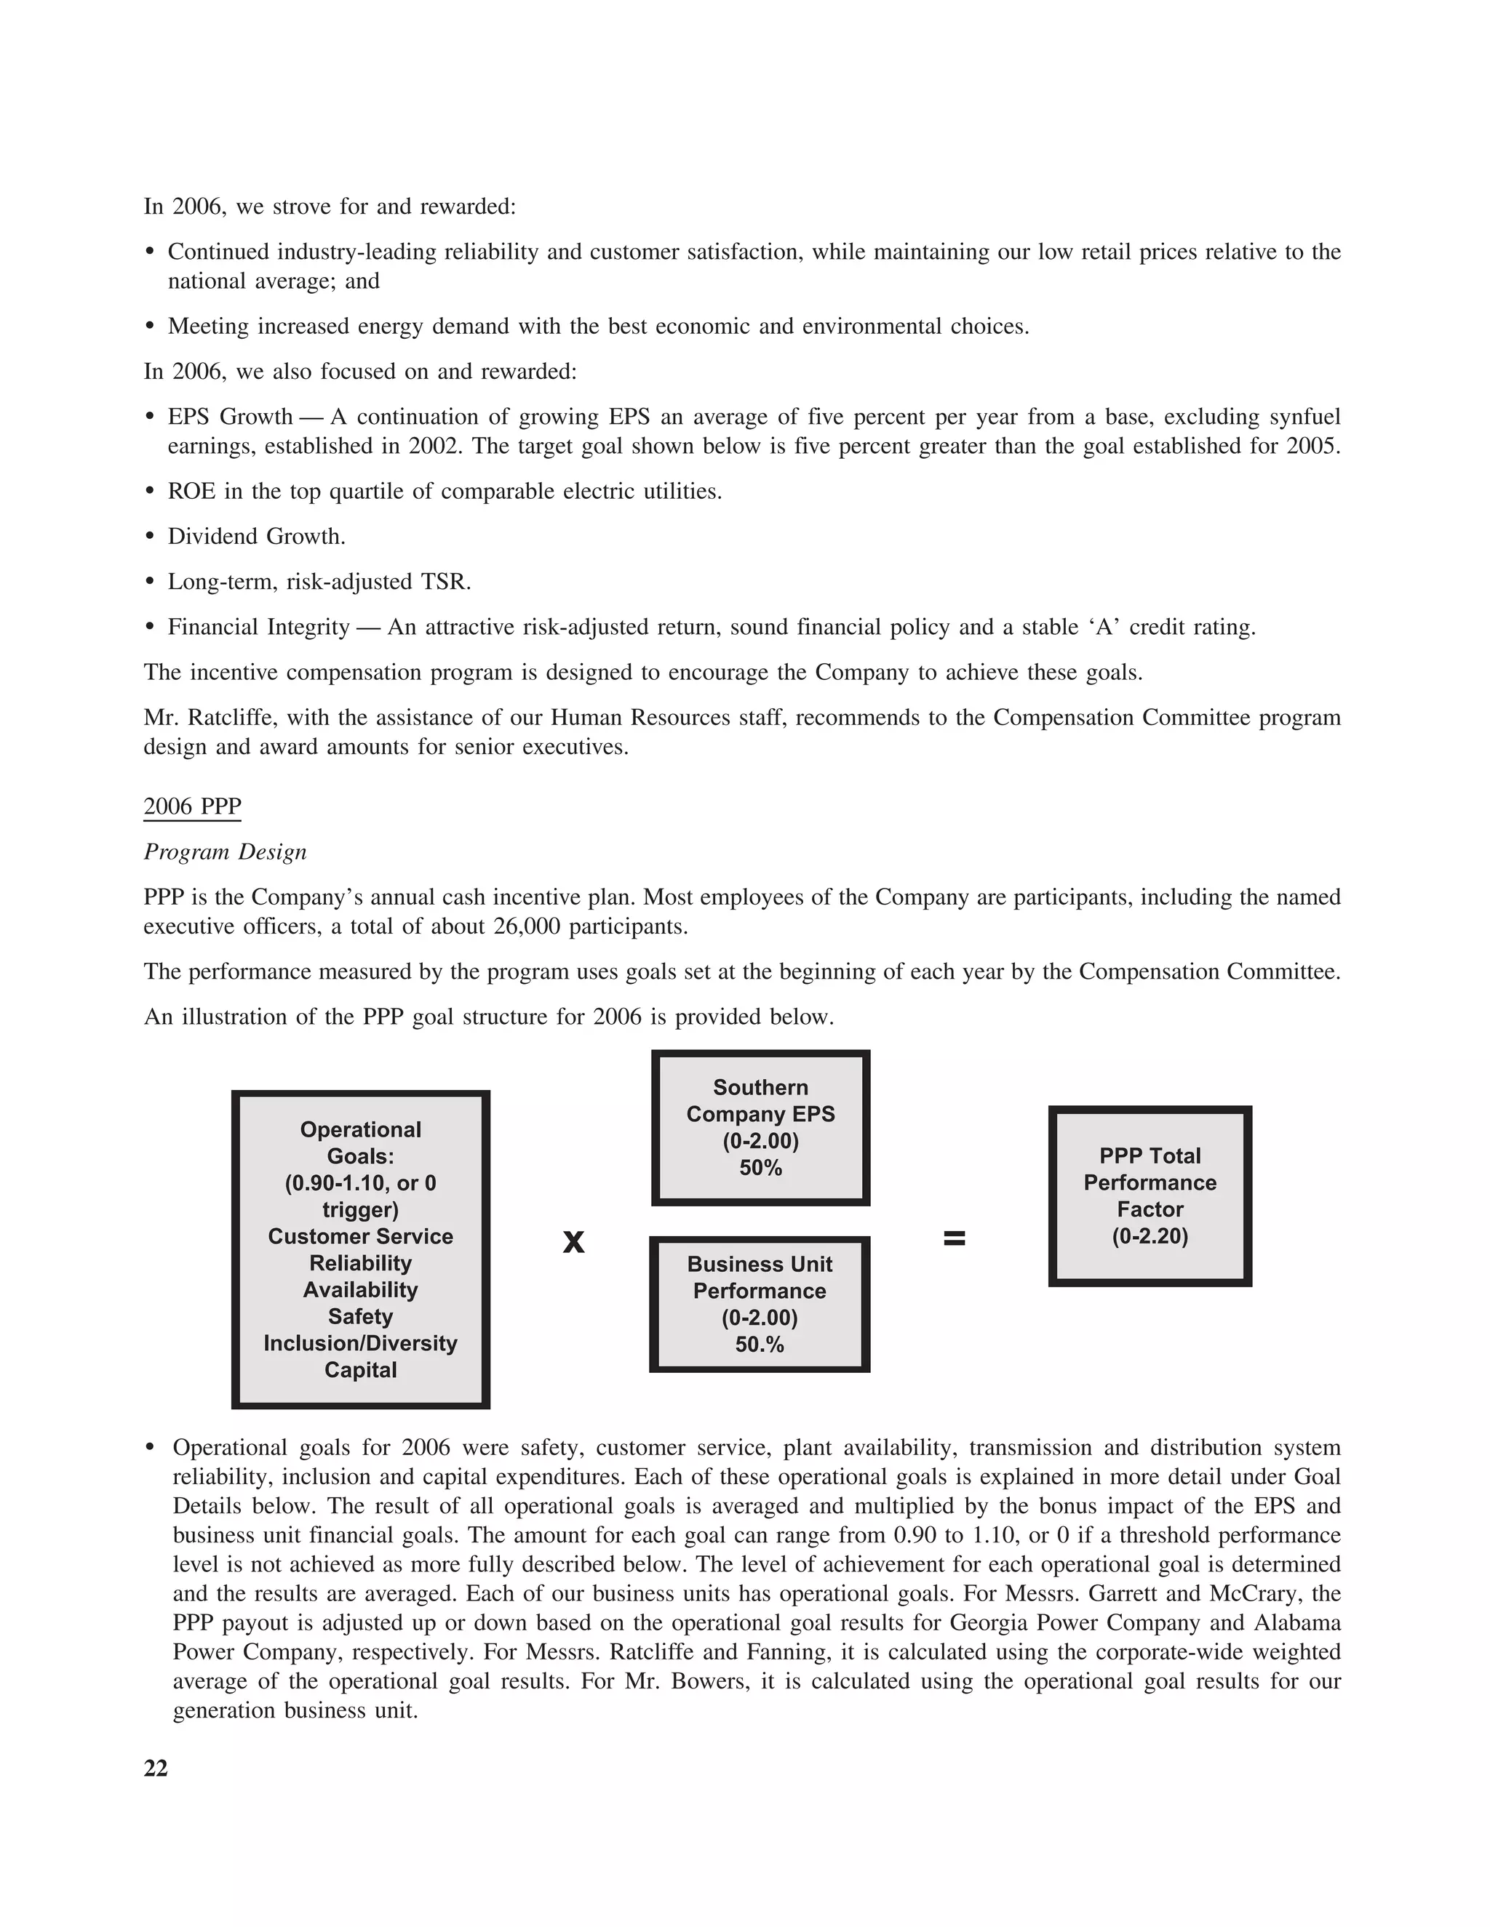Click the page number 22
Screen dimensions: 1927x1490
coord(156,1768)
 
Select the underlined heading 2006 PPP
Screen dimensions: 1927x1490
coord(191,806)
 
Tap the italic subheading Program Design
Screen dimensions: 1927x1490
coord(225,852)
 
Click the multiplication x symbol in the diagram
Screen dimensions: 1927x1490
coord(574,1242)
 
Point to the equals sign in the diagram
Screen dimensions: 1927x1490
coord(955,1239)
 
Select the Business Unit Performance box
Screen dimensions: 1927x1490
coord(759,1303)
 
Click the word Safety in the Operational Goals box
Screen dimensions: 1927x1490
coord(360,1316)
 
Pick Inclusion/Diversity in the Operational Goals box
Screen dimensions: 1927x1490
coord(360,1343)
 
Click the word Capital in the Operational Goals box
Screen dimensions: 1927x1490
coord(360,1369)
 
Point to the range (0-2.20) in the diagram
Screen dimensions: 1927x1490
coord(1150,1235)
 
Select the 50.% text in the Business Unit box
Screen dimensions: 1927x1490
coord(759,1345)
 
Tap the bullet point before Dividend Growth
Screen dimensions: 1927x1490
coord(150,537)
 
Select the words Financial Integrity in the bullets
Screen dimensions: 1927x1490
coord(258,628)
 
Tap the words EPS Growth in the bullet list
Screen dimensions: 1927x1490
coord(229,417)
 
